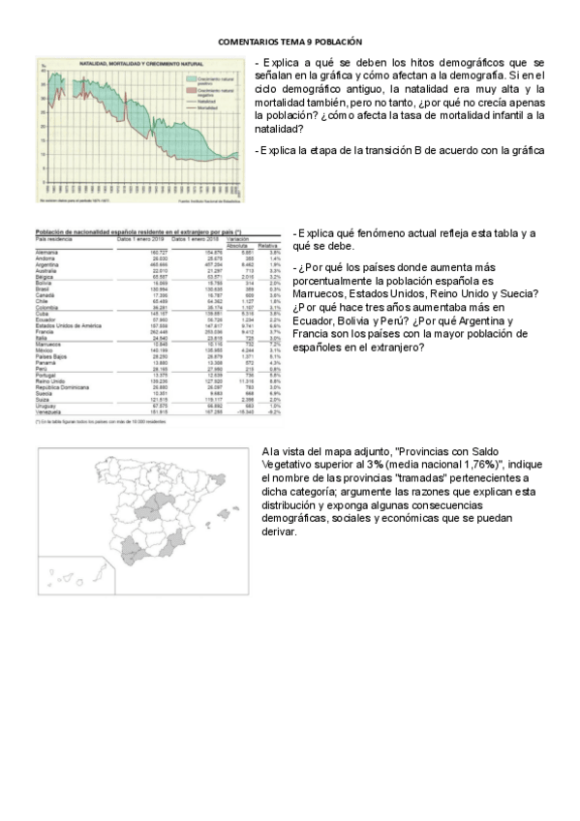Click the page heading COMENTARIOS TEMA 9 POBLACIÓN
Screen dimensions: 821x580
(x=290, y=42)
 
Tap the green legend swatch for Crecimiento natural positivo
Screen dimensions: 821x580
(x=189, y=76)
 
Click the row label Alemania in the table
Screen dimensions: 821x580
(x=46, y=252)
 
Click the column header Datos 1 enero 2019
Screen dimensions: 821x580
(x=139, y=239)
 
